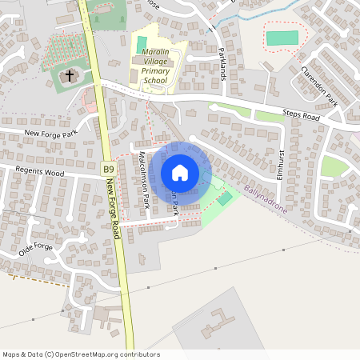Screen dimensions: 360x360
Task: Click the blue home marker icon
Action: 180,173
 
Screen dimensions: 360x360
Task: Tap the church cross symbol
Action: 70,76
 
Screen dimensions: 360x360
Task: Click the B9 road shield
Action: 108,169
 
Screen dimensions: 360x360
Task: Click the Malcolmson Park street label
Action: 145,181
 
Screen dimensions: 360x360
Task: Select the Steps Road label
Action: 302,115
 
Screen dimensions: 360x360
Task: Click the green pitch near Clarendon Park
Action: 281,38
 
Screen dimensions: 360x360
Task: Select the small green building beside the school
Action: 142,42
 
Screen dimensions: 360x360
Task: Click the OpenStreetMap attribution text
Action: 81,354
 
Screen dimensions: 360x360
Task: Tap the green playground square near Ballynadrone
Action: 226,198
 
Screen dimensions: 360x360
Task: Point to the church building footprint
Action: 68,78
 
